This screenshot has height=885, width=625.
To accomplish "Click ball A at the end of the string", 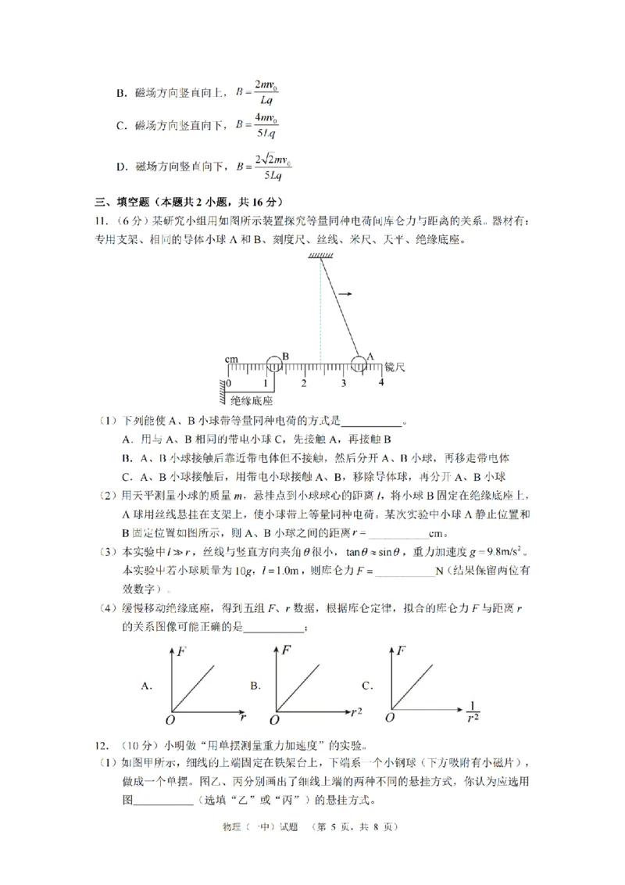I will click(x=359, y=364).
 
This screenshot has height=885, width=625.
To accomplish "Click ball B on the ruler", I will click(x=274, y=364).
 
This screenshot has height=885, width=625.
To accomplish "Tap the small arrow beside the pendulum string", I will click(x=345, y=294).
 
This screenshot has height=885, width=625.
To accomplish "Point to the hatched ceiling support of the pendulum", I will click(x=320, y=256).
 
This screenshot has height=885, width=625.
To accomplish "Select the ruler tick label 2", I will click(x=304, y=383).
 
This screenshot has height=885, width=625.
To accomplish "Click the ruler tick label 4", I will click(x=381, y=382).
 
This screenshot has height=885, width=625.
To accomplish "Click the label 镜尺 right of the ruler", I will click(x=396, y=366).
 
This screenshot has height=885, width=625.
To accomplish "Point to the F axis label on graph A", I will click(x=180, y=650).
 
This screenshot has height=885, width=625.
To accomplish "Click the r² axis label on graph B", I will click(x=357, y=711).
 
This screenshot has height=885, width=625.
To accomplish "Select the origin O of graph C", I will click(x=389, y=717).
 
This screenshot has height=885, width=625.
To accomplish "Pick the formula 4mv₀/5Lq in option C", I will click(x=259, y=125).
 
